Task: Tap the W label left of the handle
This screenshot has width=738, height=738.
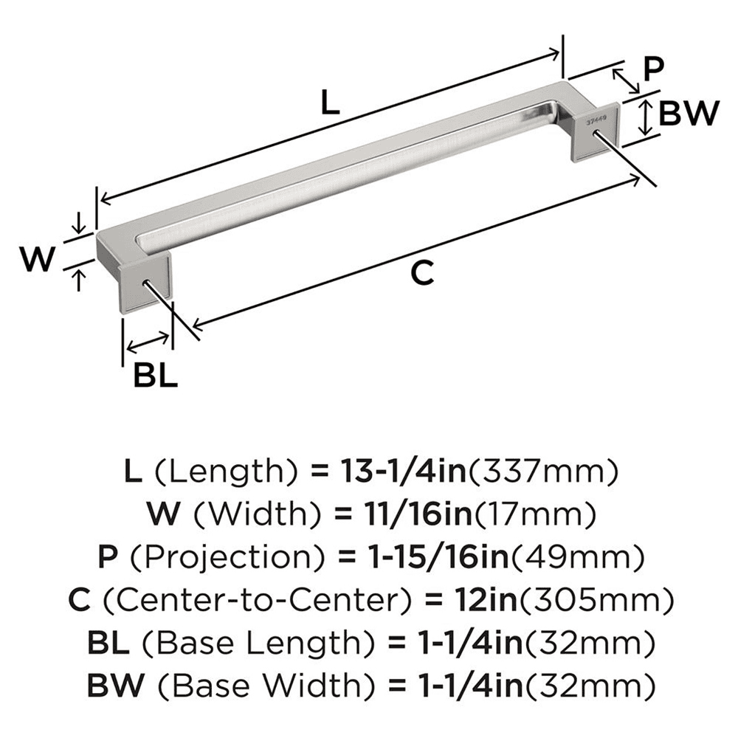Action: pyautogui.click(x=37, y=259)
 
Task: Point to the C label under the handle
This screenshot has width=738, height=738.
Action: pyautogui.click(x=420, y=273)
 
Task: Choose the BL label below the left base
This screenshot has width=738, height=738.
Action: pyautogui.click(x=156, y=376)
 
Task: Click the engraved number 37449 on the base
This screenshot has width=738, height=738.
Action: pyautogui.click(x=595, y=117)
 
